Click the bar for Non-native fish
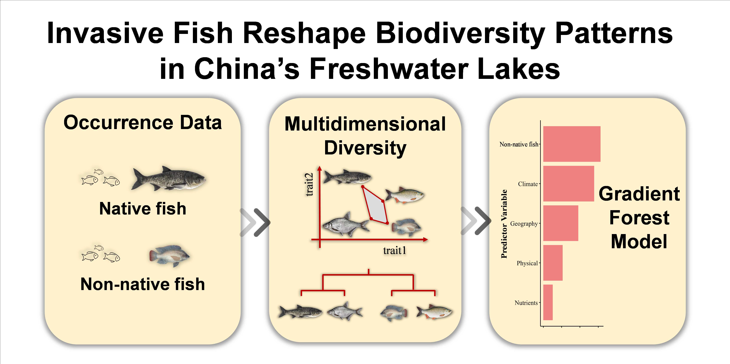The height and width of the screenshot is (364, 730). click(572, 144)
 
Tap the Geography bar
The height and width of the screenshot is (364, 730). click(561, 223)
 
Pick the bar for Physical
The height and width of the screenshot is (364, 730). click(553, 263)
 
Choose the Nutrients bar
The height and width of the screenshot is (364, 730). click(548, 302)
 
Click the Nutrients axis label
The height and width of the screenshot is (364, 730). click(526, 303)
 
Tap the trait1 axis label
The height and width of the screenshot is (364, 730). click(394, 250)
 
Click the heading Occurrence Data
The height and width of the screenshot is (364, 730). click(143, 123)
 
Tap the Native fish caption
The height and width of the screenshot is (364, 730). click(143, 209)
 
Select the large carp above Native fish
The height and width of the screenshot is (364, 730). click(169, 178)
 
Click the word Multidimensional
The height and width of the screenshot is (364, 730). click(365, 124)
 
